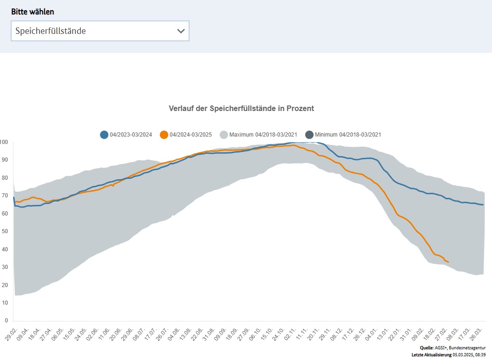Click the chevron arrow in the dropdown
pyautogui.click(x=181, y=31)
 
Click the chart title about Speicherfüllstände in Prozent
pyautogui.click(x=241, y=108)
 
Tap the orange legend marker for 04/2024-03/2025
pyautogui.click(x=164, y=135)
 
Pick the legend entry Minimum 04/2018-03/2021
pyautogui.click(x=348, y=135)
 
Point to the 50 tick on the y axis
pyautogui.click(x=5, y=231)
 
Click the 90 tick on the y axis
pyautogui.click(x=5, y=160)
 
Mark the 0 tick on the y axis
pyautogui.click(x=6, y=321)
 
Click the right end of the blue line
pyautogui.click(x=484, y=205)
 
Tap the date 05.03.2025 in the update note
pyautogui.click(x=464, y=355)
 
